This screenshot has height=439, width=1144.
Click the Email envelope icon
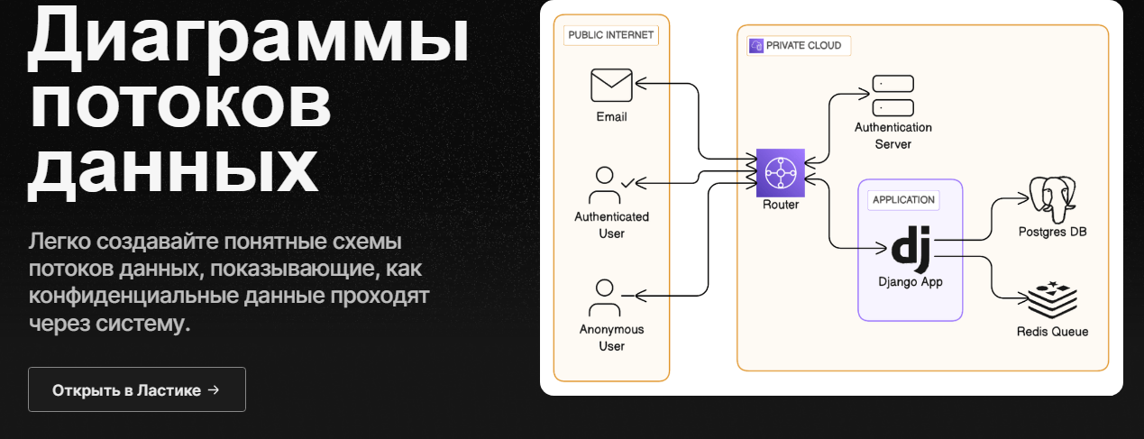pos(611,86)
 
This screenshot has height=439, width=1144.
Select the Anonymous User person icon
pos(606,298)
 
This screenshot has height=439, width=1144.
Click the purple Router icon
pos(779,171)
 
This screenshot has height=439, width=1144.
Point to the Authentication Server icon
pos(893,96)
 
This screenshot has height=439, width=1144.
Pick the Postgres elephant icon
pos(1053,198)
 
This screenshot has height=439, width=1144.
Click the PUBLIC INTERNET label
pos(611,35)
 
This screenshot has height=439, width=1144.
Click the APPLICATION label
pos(903,199)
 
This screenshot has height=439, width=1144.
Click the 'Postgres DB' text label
pos(1053,232)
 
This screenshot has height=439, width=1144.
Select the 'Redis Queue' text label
pos(1052,332)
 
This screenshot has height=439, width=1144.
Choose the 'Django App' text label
pos(911,281)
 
